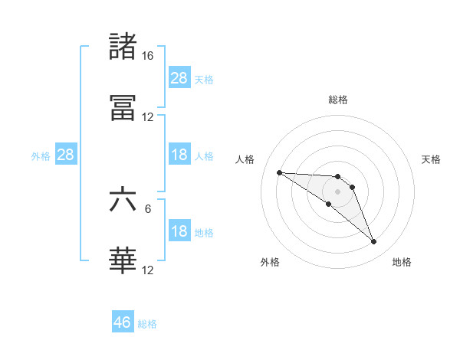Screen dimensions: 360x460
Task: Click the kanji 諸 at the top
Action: [123, 47]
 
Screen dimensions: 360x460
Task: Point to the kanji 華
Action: [123, 260]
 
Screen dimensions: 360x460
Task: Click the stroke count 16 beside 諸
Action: [147, 56]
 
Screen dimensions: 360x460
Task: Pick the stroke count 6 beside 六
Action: [148, 208]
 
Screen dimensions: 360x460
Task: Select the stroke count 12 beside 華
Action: [147, 270]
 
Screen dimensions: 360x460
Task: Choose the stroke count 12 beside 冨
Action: [147, 117]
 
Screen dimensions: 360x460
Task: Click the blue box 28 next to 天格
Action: [179, 77]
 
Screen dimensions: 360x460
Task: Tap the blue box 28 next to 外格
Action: [66, 155]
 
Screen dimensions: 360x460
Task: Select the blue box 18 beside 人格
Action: [179, 155]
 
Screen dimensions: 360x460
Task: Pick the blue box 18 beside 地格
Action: [179, 231]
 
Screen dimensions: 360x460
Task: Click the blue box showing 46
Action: [123, 322]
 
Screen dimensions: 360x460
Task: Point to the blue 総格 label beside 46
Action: [147, 324]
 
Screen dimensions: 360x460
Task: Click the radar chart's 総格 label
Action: [338, 100]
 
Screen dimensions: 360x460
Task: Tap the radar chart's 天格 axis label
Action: [432, 159]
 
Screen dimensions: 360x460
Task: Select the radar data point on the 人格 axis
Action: [279, 172]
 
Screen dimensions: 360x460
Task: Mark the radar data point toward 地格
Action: [374, 242]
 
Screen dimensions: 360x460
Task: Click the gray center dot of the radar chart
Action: [338, 191]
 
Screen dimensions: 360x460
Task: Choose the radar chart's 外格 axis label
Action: [270, 262]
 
